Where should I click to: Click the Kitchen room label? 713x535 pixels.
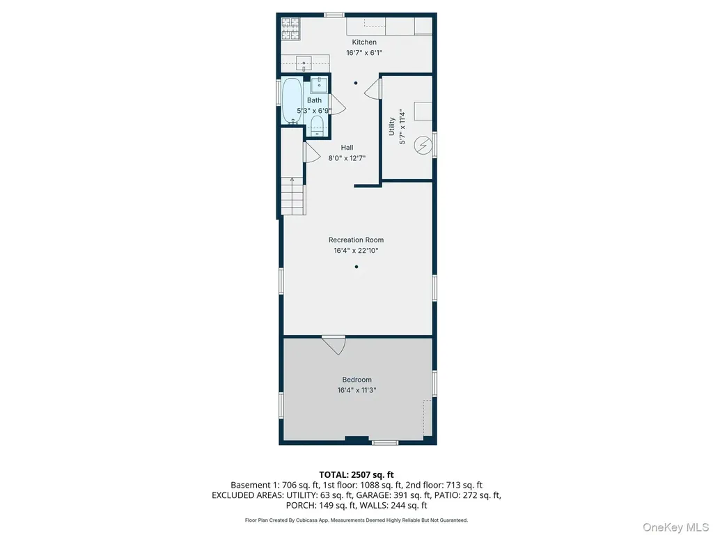tap(363, 42)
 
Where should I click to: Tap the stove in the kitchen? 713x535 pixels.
tap(290, 29)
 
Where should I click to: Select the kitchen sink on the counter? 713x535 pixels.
tap(304, 63)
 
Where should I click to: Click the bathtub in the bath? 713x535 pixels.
tap(292, 100)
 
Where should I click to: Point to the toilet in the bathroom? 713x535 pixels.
tap(317, 125)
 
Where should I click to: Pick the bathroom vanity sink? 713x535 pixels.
tap(319, 85)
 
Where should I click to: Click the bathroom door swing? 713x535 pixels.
tap(338, 104)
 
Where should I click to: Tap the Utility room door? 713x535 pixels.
tap(373, 88)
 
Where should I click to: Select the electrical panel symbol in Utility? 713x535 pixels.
tap(423, 146)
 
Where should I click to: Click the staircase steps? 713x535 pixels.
tap(293, 196)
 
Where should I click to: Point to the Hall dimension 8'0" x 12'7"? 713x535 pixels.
tap(347, 158)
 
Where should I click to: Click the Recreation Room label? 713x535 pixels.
tap(356, 240)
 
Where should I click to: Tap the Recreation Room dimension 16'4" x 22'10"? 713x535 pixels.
tap(356, 251)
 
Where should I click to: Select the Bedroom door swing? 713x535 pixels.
tap(334, 345)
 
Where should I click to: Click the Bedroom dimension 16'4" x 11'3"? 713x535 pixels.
tap(357, 390)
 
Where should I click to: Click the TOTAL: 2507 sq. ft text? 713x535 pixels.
tap(356, 475)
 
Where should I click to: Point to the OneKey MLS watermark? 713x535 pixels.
tap(675, 527)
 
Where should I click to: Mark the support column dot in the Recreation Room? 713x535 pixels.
tap(356, 267)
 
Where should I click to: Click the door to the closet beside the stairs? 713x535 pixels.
tap(312, 152)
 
